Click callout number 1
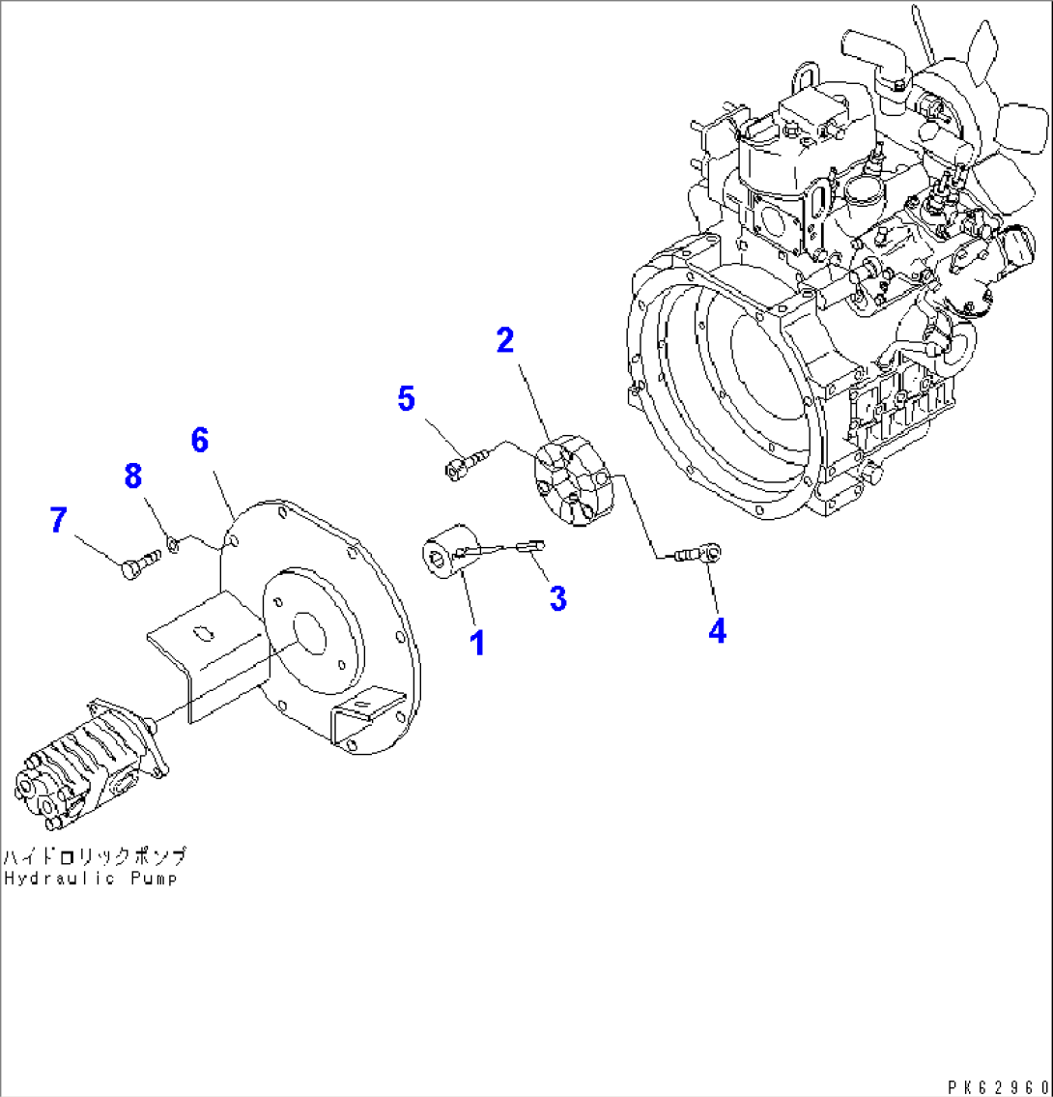pos(476,641)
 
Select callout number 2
pos(505,340)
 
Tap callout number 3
pos(557,598)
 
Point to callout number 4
pos(716,630)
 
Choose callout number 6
pos(199,440)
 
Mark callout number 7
pos(59,521)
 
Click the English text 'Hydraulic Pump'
pos(92,879)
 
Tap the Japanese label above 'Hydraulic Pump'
pos(94,856)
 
